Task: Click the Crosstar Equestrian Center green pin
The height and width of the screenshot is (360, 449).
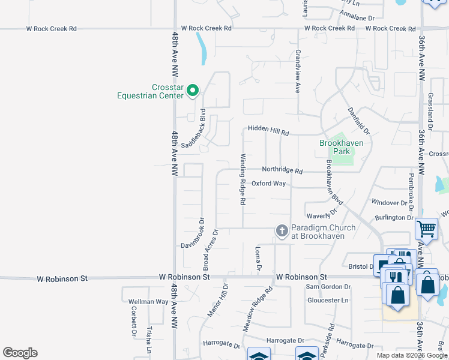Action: point(193,91)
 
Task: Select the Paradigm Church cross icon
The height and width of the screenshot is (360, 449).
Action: point(282,230)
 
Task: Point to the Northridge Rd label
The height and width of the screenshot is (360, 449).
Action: point(282,170)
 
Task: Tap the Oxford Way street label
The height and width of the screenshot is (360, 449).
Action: point(268,184)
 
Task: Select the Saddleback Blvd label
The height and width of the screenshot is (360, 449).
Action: point(194,129)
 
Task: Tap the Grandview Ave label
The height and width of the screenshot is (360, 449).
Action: point(297,71)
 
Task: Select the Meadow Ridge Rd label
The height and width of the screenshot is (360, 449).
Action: point(258,310)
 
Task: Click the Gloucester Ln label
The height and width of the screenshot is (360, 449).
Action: point(327,300)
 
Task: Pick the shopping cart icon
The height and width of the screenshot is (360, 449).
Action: point(426,229)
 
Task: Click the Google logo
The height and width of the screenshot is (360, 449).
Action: point(20,353)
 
